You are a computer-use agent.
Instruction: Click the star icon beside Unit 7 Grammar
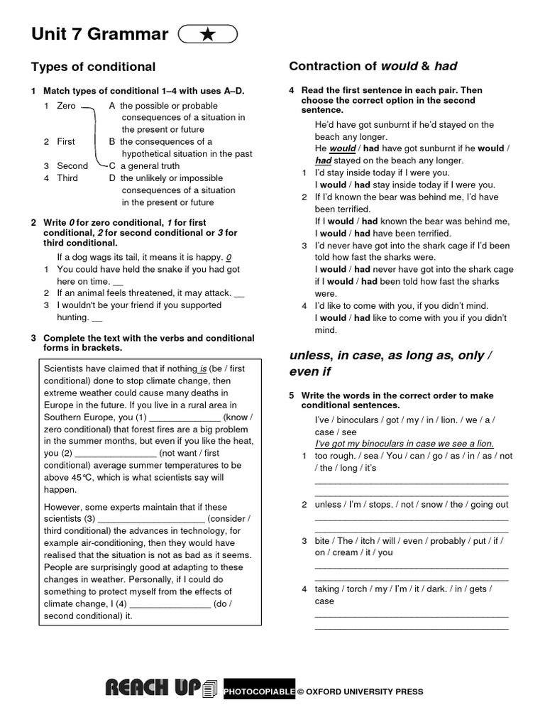(x=208, y=35)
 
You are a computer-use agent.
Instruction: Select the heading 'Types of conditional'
(x=93, y=67)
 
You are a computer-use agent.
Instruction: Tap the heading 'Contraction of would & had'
(x=373, y=66)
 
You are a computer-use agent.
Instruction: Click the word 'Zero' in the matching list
(x=66, y=106)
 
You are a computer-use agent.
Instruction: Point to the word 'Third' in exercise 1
(x=67, y=178)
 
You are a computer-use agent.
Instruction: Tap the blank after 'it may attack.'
(x=239, y=293)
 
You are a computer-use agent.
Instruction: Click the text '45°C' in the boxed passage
(x=83, y=478)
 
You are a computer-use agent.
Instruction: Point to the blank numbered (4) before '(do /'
(x=172, y=604)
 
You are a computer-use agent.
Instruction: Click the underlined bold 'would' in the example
(x=342, y=149)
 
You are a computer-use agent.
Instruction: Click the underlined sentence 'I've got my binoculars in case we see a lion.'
(x=404, y=444)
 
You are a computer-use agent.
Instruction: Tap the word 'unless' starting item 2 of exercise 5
(x=328, y=505)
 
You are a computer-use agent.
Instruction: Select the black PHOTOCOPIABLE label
(x=259, y=692)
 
